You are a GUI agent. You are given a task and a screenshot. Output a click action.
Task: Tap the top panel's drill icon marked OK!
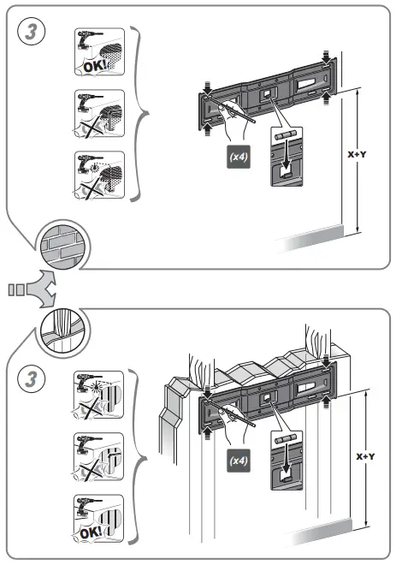(x=99, y=53)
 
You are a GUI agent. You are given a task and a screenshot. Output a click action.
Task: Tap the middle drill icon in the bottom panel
(x=99, y=458)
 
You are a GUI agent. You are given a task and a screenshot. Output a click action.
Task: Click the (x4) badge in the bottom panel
(x=238, y=461)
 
